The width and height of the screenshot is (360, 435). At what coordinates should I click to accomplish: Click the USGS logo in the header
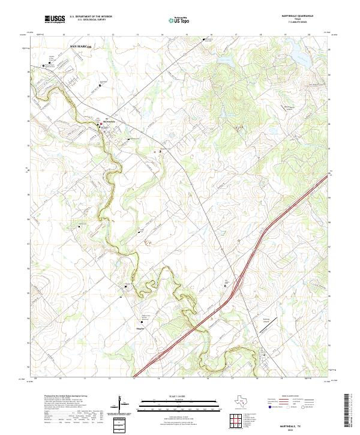[x=55, y=19]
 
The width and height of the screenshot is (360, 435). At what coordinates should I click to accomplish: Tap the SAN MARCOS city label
[x=80, y=46]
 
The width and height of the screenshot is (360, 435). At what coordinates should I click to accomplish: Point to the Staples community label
[x=140, y=329]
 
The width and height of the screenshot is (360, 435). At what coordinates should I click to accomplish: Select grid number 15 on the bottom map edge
[x=183, y=379]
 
